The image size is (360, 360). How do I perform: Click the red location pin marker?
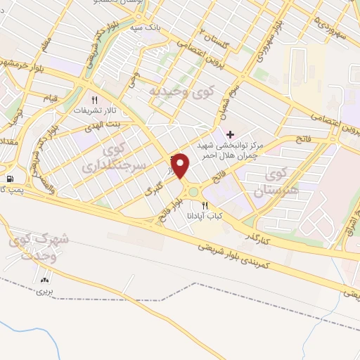click(181, 165)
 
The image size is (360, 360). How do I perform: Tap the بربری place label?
click(46, 290)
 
